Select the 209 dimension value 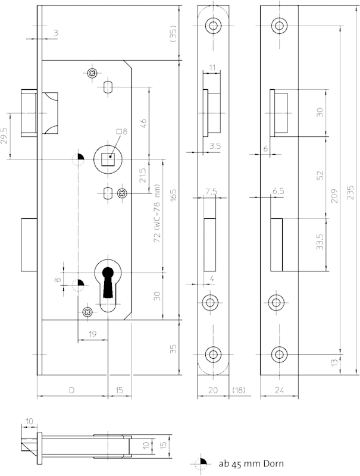point(334,196)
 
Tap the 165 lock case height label point(173,196)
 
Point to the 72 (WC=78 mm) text point(157,213)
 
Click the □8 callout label point(122,131)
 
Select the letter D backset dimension point(71,390)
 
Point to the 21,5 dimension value point(143,176)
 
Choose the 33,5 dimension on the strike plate point(320,242)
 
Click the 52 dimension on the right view point(320,176)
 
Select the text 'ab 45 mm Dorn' point(251,464)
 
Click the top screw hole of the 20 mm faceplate point(213,25)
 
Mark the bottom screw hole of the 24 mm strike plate point(279,354)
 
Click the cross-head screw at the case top point(92,73)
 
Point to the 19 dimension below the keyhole point(93,334)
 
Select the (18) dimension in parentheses point(238,390)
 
